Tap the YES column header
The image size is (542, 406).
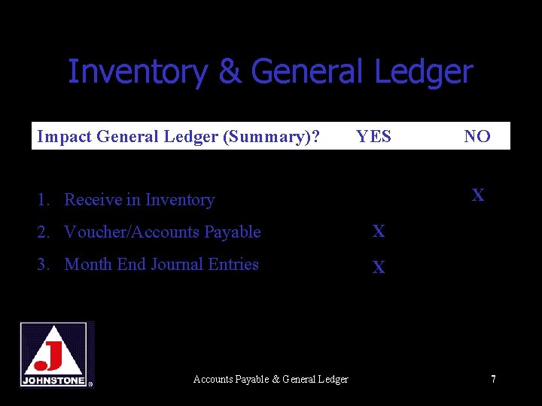(373, 136)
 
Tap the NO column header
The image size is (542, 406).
(477, 136)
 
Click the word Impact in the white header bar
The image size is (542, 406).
(63, 136)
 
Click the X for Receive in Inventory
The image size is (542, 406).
(478, 196)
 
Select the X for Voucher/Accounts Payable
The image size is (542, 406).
(379, 232)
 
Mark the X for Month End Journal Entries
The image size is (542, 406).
(379, 267)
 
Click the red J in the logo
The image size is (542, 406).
(52, 355)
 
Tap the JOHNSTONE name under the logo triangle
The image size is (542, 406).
(53, 380)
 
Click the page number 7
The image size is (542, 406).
(493, 379)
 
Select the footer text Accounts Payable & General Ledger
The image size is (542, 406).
(270, 379)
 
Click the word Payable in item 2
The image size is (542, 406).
(233, 232)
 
